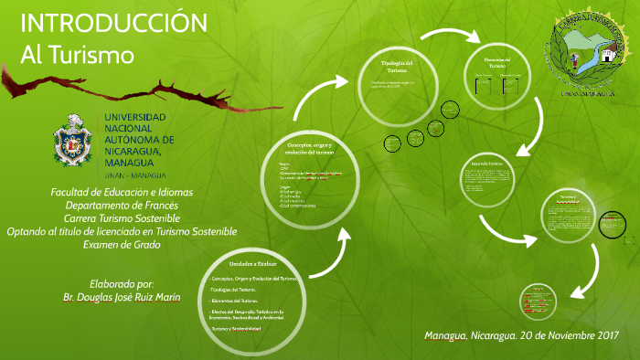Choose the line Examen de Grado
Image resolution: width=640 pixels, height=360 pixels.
click(x=122, y=245)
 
